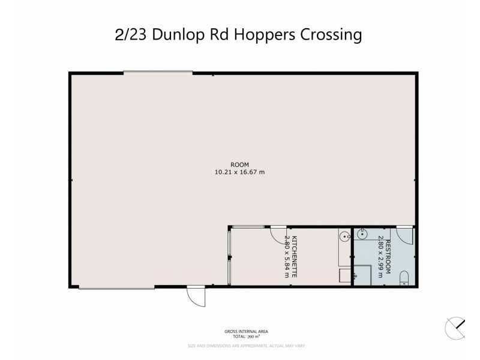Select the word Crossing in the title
coord(328,35)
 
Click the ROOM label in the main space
coord(239,164)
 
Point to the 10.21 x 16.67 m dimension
coord(239,172)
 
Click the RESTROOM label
coord(388,257)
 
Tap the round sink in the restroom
coord(363,233)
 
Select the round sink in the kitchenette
coord(344,237)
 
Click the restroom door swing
coord(404,235)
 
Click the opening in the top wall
coord(158,73)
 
